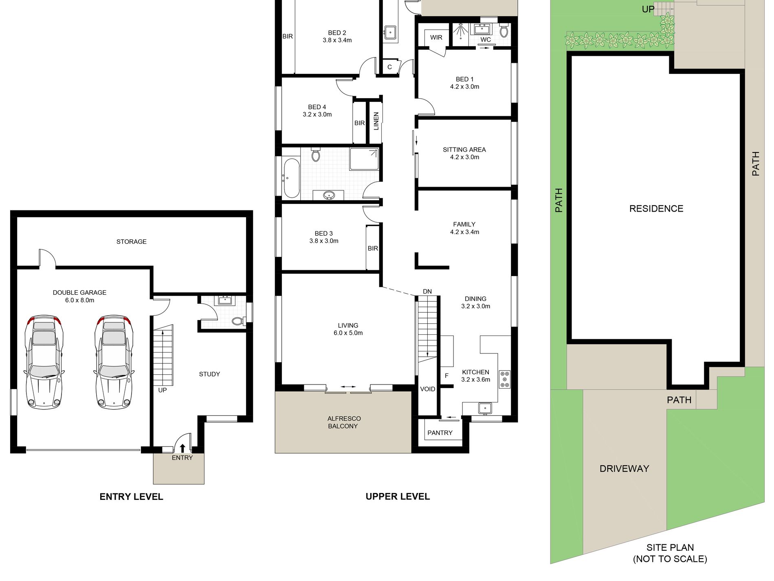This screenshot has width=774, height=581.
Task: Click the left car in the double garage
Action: [44, 362]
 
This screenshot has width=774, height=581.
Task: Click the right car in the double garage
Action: [114, 362]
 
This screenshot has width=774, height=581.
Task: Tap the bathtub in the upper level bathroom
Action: [292, 178]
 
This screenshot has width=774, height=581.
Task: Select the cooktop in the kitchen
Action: [505, 379]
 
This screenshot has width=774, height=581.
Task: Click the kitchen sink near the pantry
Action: [485, 408]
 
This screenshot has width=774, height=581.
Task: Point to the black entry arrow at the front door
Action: [183, 448]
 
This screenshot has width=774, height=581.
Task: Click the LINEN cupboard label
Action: [376, 121]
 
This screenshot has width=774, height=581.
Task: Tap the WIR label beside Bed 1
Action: [436, 38]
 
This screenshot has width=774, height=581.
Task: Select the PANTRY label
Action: [440, 433]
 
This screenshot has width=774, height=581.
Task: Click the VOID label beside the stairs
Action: [427, 389]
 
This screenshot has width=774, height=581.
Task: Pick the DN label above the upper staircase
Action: [427, 292]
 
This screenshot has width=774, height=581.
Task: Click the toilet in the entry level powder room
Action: [239, 321]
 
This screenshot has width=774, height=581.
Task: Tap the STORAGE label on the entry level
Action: [132, 242]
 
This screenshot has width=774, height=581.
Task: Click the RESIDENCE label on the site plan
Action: [656, 209]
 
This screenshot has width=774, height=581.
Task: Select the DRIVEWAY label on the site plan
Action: [624, 468]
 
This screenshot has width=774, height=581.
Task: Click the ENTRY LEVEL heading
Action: [131, 497]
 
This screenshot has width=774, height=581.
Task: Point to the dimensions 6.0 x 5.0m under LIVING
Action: [348, 333]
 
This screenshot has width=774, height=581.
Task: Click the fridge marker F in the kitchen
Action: [446, 376]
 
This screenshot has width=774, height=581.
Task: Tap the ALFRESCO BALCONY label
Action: [343, 422]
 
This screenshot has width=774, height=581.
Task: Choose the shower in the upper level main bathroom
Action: [364, 159]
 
